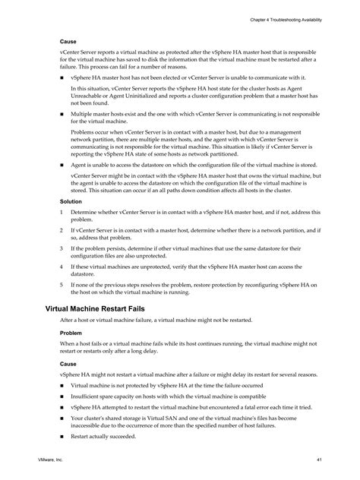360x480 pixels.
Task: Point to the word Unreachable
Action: [88, 95]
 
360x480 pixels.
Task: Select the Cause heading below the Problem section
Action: [68, 364]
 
